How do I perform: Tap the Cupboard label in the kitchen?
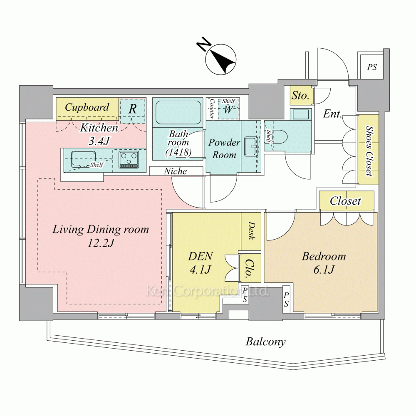(87, 107)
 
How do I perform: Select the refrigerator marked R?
(133, 109)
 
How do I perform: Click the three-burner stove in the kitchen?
(129, 159)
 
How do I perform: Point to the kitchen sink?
(84, 159)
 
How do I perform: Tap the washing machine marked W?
(228, 110)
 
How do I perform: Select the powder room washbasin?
(250, 143)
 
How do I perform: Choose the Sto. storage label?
(300, 96)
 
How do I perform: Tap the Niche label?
(175, 171)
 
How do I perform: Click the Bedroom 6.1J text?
(324, 263)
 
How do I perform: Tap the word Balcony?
(266, 342)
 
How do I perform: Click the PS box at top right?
(372, 67)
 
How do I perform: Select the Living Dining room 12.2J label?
(100, 236)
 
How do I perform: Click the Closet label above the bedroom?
(345, 201)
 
